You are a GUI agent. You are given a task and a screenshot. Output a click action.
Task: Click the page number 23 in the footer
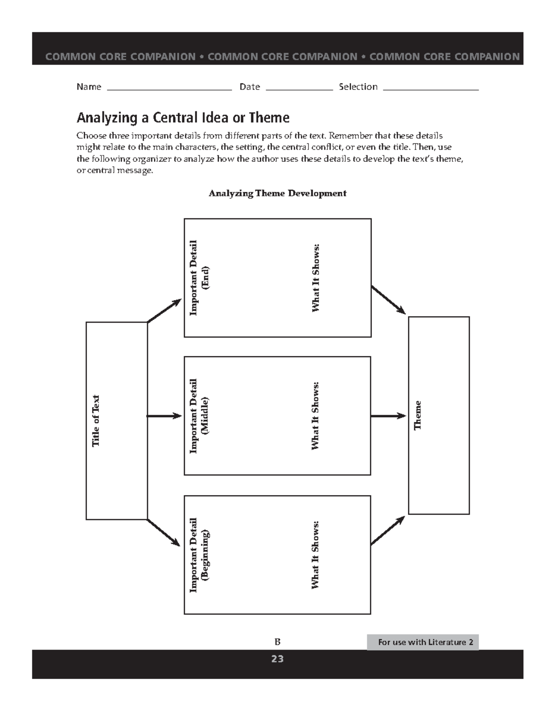point(277,659)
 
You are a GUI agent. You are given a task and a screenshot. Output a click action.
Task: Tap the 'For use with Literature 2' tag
point(423,642)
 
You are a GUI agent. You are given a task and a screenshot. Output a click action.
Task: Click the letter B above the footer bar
point(277,642)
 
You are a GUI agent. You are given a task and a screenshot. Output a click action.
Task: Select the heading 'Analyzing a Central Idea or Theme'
point(183,117)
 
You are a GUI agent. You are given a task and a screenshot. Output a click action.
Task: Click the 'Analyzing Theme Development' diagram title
point(277,193)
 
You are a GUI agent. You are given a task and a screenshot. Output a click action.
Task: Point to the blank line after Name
point(169,89)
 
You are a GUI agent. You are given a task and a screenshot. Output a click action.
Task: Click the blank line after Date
point(299,89)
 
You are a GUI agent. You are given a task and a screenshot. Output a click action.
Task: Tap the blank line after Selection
point(431,89)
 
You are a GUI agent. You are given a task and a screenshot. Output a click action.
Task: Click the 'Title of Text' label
point(96,421)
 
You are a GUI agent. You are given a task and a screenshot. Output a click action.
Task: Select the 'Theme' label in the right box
point(418,415)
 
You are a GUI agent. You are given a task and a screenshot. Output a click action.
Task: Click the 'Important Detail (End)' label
point(199,278)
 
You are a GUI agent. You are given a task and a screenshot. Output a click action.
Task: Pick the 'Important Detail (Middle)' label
point(199,416)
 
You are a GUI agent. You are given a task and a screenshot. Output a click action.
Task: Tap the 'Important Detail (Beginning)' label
point(199,555)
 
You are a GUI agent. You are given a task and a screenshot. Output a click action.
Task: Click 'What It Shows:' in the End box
point(316,278)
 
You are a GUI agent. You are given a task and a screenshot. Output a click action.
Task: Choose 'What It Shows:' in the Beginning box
point(315,555)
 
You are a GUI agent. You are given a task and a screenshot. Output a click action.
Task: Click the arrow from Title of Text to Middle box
point(164,416)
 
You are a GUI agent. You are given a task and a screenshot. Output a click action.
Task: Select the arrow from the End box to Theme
point(388,300)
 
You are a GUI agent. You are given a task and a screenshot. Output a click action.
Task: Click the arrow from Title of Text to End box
point(164,311)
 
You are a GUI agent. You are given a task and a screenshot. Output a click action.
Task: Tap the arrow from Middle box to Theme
point(388,416)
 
